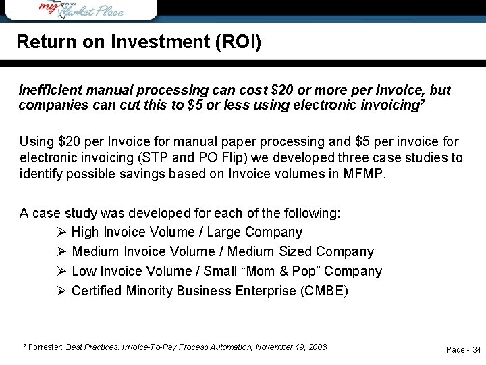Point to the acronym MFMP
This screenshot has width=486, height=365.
tap(367, 174)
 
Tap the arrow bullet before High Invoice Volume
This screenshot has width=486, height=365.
tap(61, 233)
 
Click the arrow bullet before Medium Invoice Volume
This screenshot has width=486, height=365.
tap(61, 252)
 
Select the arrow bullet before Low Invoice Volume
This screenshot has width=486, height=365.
tap(61, 272)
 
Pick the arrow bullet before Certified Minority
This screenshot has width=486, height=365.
tap(61, 291)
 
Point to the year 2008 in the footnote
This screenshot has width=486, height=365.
tap(316, 347)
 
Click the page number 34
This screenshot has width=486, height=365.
tap(476, 350)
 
